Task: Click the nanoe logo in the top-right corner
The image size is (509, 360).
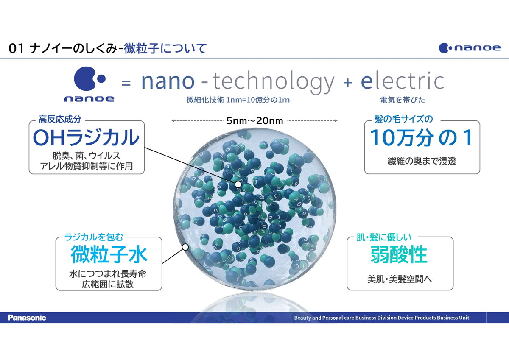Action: [470, 48]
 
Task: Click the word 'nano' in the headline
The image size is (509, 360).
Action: [168, 81]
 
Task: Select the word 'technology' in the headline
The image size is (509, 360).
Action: [273, 83]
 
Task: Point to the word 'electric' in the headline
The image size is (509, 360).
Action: [403, 81]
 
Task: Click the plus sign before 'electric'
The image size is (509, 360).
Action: [348, 82]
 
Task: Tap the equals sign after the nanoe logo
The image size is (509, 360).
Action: [126, 82]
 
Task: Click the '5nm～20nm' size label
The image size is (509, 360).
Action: [255, 121]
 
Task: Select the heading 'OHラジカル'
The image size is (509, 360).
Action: [86, 137]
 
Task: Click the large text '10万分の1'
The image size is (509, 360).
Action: [422, 138]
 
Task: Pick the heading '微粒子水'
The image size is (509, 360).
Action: [109, 254]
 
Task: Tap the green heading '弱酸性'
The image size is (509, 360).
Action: [399, 254]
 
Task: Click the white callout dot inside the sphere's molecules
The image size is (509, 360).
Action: [238, 184]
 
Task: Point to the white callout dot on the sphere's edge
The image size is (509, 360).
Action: [185, 247]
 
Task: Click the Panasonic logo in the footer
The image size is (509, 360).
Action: [27, 318]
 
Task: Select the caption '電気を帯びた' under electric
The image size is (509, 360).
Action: [403, 100]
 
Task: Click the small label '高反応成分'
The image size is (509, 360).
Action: [60, 119]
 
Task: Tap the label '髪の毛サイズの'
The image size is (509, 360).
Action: [403, 119]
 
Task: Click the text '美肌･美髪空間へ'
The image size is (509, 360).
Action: [400, 279]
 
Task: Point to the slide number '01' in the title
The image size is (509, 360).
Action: [16, 49]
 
